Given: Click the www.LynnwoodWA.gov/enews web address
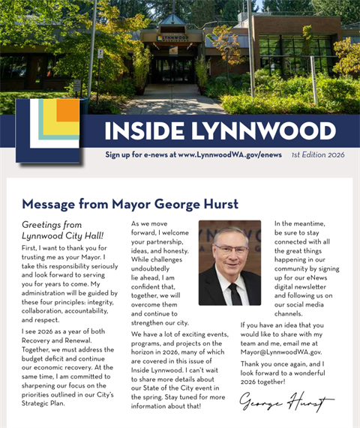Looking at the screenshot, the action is coord(230,154).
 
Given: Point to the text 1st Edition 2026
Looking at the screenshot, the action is coord(318,154).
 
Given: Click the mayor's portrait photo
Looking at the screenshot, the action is coord(229,262).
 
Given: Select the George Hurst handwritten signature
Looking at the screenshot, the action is coord(286,403).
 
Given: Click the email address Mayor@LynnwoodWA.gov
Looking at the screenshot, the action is coord(281,351).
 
